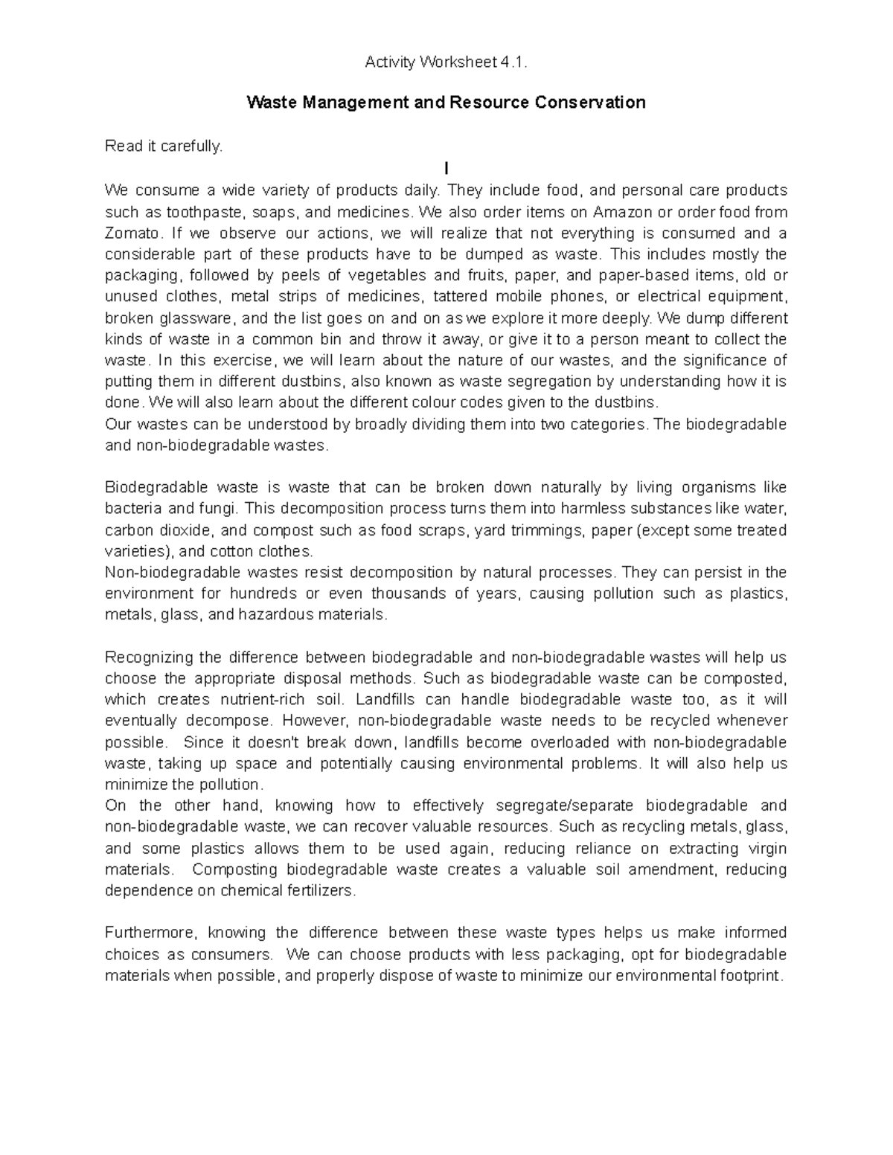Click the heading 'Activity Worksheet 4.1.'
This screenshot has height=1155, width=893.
click(446, 63)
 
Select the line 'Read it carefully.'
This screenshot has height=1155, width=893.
click(164, 147)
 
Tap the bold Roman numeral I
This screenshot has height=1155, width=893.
click(446, 169)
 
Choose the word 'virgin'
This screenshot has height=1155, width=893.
click(767, 849)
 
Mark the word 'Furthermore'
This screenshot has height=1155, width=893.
click(148, 933)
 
